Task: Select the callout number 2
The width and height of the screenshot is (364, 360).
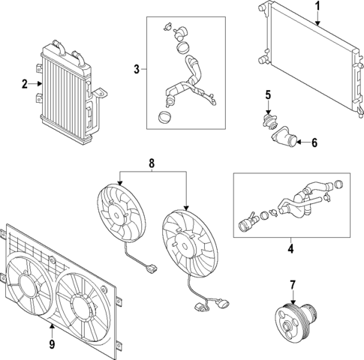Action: (x=25, y=85)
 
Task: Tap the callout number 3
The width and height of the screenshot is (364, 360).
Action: (x=137, y=70)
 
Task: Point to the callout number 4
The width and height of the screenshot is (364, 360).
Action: (x=290, y=247)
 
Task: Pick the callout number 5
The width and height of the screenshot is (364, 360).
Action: (x=266, y=95)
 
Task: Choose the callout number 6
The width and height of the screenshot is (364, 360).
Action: (x=314, y=142)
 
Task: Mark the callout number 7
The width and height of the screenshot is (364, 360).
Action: (x=293, y=284)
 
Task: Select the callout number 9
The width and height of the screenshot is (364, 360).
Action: (x=52, y=346)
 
